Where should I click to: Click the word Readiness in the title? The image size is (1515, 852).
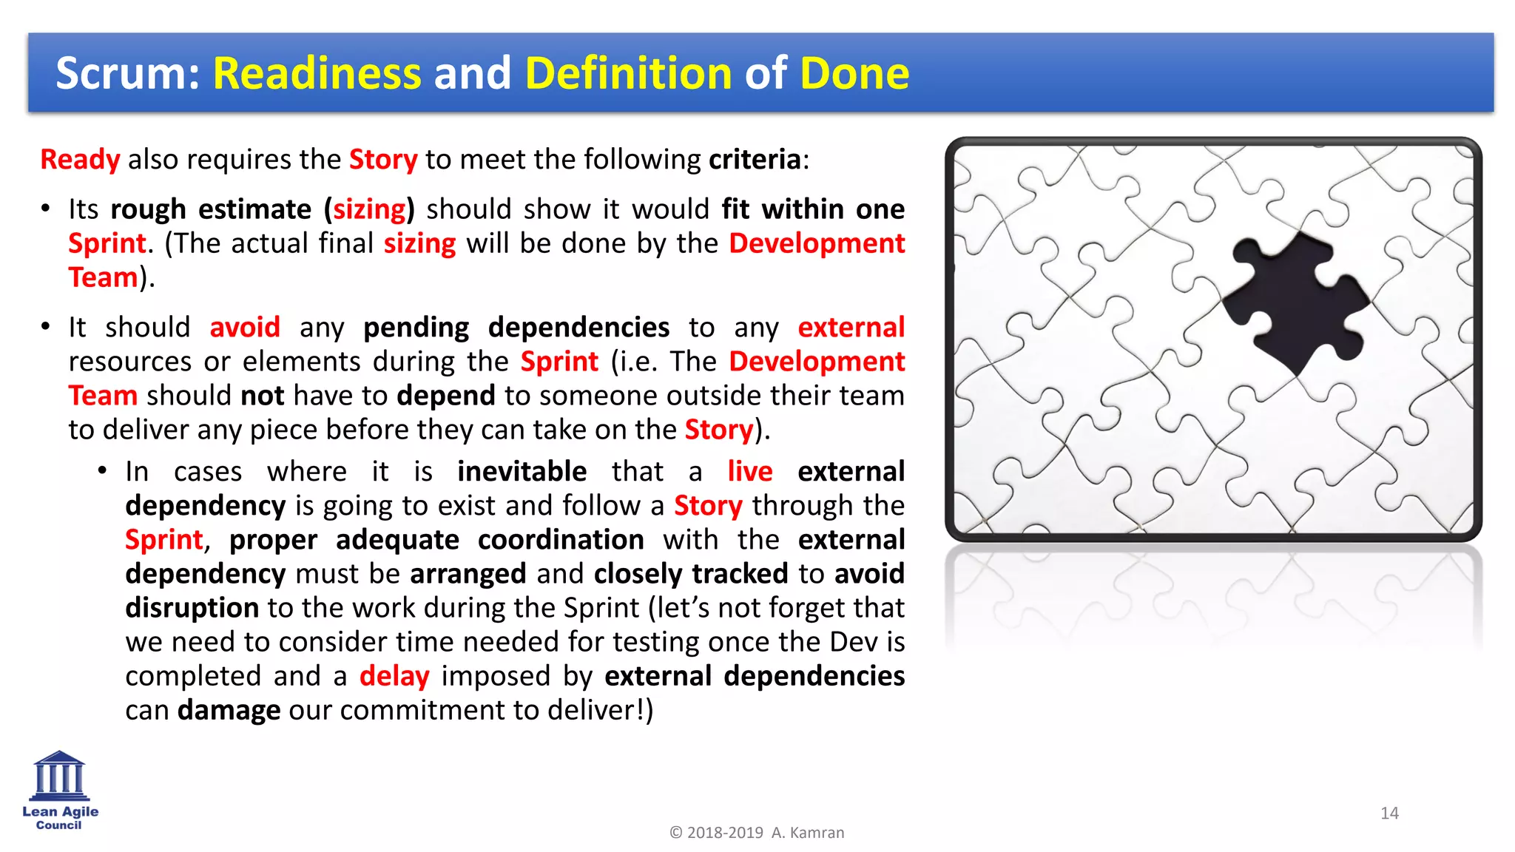pyautogui.click(x=317, y=73)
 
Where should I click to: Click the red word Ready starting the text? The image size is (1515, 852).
pyautogui.click(x=80, y=160)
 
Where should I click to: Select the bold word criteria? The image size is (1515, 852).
pyautogui.click(x=755, y=160)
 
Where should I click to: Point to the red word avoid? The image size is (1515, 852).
pyautogui.click(x=245, y=327)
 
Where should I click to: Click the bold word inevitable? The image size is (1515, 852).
pyautogui.click(x=522, y=471)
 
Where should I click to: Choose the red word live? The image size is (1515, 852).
pyautogui.click(x=749, y=471)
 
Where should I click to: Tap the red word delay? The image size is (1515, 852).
pyautogui.click(x=394, y=676)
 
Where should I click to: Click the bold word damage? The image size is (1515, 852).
pyautogui.click(x=229, y=710)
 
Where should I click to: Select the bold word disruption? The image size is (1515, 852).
pyautogui.click(x=192, y=608)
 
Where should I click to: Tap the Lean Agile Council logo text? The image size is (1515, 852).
pyautogui.click(x=60, y=818)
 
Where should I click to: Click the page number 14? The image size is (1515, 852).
pyautogui.click(x=1389, y=814)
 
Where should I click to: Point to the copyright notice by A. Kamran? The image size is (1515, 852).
pyautogui.click(x=756, y=833)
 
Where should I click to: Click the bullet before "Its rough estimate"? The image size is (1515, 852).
pyautogui.click(x=46, y=209)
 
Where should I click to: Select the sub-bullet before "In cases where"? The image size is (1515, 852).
pyautogui.click(x=103, y=471)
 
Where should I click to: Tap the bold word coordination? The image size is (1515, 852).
pyautogui.click(x=561, y=540)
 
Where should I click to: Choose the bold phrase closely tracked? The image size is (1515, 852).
pyautogui.click(x=691, y=574)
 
